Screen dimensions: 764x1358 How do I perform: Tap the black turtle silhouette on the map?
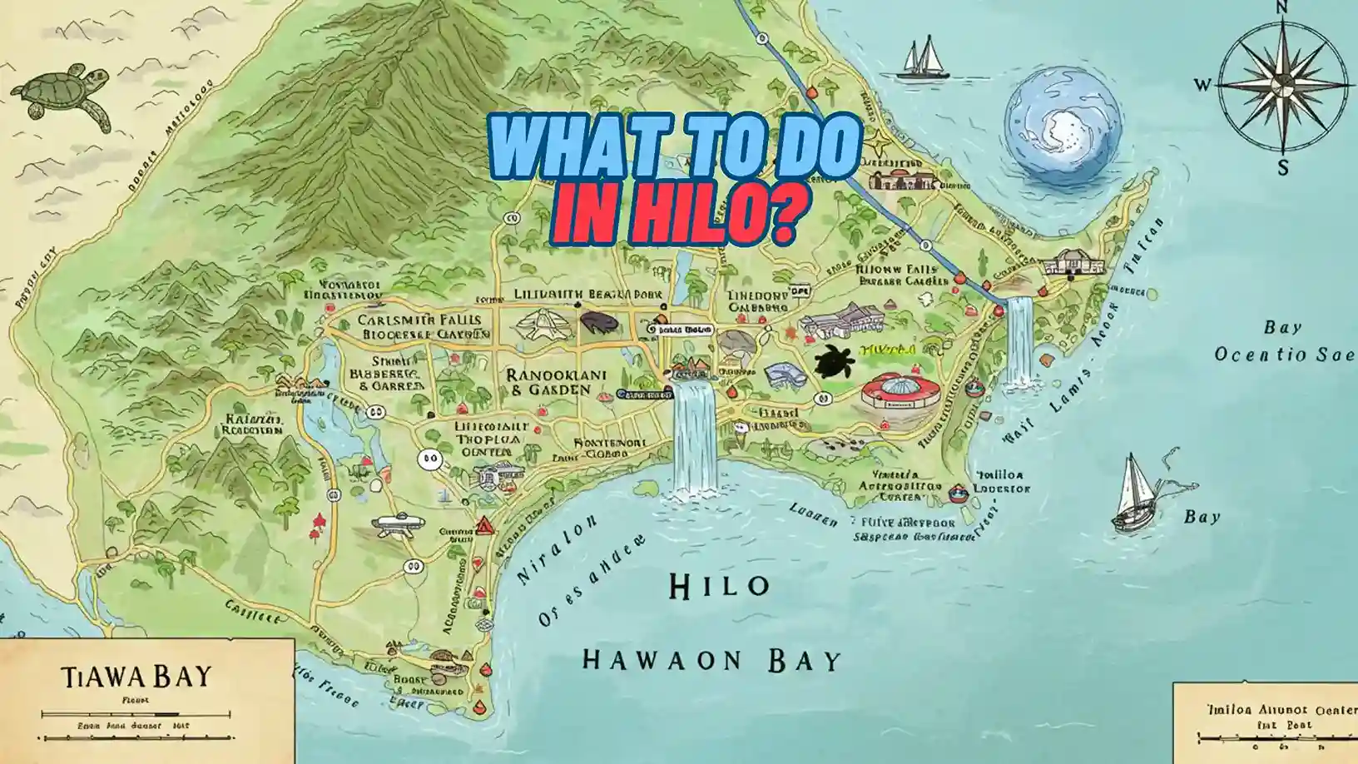click(831, 362)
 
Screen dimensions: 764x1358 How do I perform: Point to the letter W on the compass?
click(1202, 84)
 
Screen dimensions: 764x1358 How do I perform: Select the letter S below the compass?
click(1282, 169)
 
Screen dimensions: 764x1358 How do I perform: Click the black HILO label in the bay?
click(719, 587)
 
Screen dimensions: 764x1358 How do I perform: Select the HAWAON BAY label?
click(711, 661)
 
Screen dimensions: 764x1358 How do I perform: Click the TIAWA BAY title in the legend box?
click(136, 675)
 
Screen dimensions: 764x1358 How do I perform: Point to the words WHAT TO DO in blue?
click(677, 146)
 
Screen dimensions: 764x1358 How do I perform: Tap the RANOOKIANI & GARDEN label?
click(557, 382)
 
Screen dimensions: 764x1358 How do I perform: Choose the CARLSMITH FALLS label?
click(419, 320)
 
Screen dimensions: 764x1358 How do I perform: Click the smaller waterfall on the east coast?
click(1019, 341)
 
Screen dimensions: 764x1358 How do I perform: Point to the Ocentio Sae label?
click(1284, 355)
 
